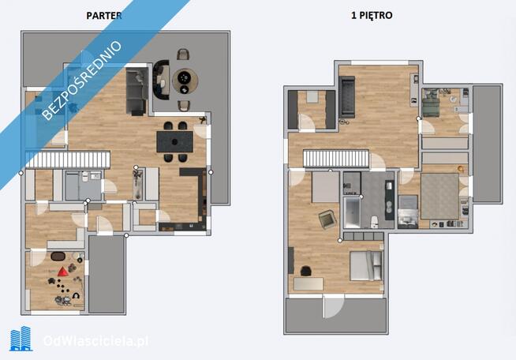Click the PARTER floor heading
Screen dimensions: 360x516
coord(103,15)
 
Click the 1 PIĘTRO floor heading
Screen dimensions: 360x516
coord(371,15)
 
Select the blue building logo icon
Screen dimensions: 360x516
coord(21,339)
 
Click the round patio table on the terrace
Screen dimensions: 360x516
coord(185,78)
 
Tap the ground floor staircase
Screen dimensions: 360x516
coord(66,159)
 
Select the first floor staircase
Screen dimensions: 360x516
coord(336,159)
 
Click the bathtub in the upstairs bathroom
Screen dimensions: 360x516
coord(352,212)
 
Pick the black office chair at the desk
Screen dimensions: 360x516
coord(307,271)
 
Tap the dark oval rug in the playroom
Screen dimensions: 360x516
coord(59,256)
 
